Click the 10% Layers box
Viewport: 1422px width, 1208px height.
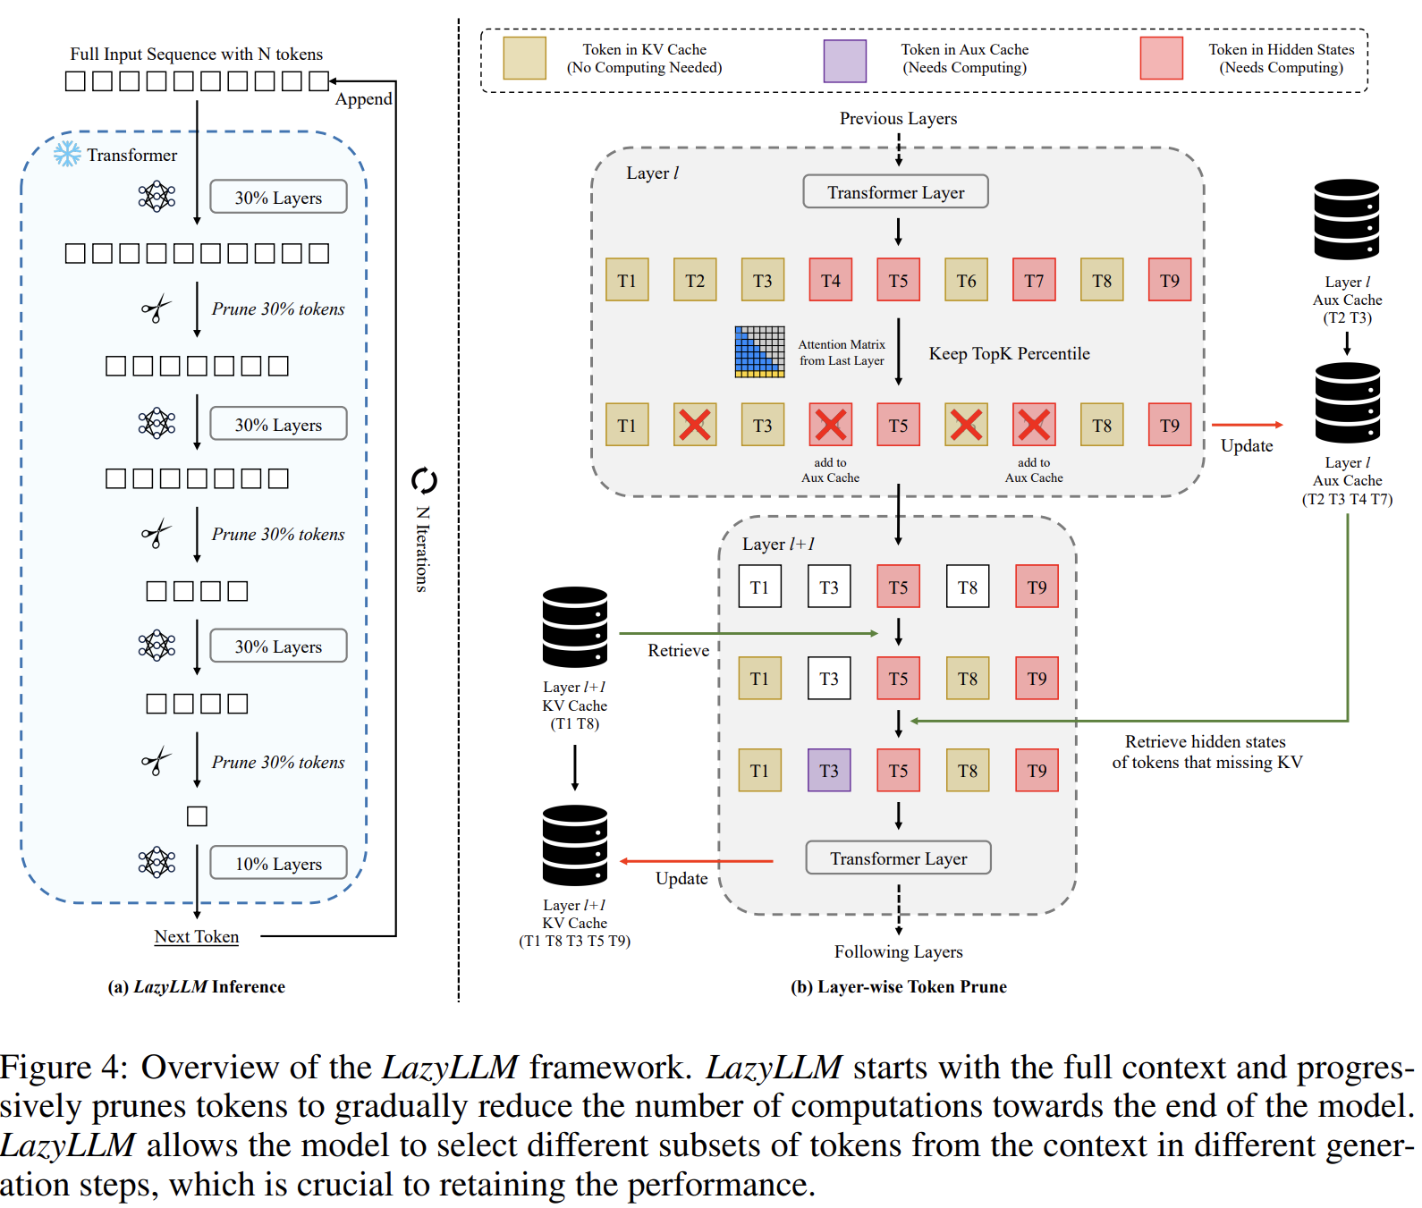click(x=278, y=863)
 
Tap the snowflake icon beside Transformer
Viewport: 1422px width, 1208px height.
click(x=67, y=154)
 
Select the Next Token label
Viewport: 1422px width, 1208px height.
click(x=197, y=936)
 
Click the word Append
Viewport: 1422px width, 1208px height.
click(x=363, y=98)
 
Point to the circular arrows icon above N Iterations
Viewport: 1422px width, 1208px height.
click(x=424, y=481)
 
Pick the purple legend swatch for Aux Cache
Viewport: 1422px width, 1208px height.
click(x=845, y=61)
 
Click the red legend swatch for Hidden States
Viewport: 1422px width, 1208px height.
click(x=1162, y=58)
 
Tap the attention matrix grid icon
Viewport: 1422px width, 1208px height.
click(x=760, y=351)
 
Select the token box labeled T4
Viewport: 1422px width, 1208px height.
click(x=831, y=280)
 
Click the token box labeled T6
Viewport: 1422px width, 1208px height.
click(x=967, y=280)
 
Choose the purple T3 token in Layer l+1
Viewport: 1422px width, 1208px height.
click(x=829, y=770)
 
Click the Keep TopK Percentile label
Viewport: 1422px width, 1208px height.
click(x=1010, y=353)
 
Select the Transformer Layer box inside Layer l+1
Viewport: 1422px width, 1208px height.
click(x=899, y=857)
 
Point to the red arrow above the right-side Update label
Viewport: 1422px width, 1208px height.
click(x=1248, y=425)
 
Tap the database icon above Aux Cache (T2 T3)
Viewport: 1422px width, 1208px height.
click(x=1347, y=220)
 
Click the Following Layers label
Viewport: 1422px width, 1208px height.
click(x=899, y=951)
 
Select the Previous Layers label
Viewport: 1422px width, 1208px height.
click(x=898, y=118)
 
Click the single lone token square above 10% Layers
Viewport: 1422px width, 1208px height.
click(x=197, y=815)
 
